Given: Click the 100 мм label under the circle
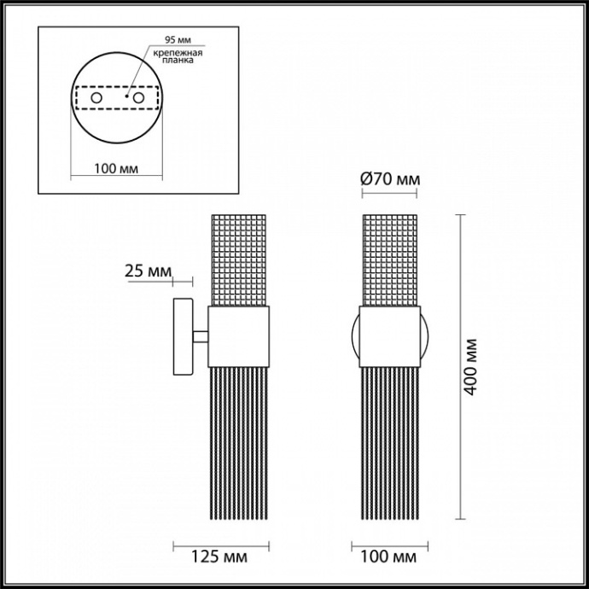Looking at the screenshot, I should point(114,169).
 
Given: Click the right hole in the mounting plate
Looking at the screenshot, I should point(137,100).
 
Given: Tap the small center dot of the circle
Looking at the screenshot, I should point(125,97).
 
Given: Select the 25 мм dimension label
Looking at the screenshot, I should point(148,271).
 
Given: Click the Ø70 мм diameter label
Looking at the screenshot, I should point(390,179).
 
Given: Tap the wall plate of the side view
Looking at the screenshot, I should point(183,336).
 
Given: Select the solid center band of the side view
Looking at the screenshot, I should point(238,336).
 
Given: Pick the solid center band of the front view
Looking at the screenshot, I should point(390,336).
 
